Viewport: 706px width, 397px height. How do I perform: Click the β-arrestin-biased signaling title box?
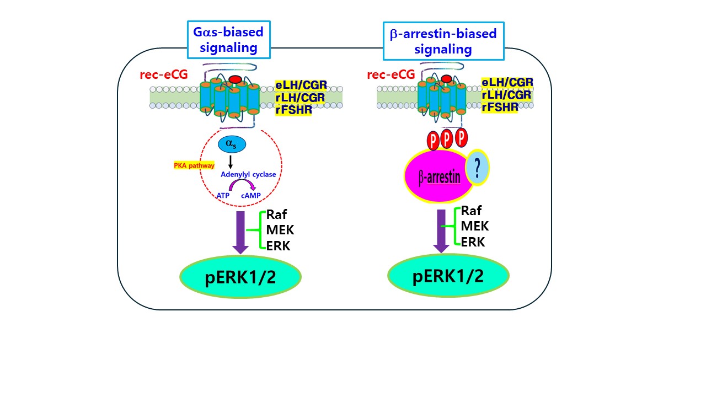pos(443,41)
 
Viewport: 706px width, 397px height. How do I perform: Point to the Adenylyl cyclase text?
pos(248,174)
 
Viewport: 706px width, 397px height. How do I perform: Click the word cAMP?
pos(250,195)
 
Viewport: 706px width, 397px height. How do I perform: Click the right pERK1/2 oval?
pos(448,276)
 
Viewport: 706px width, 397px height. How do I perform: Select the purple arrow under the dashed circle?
pos(240,232)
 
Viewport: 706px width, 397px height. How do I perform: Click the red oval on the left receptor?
pos(235,80)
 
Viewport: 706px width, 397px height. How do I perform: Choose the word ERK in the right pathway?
pos(473,242)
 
